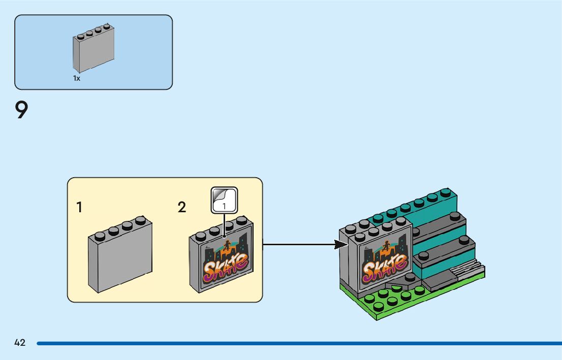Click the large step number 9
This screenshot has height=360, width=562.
point(21,110)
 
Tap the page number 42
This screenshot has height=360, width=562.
point(20,343)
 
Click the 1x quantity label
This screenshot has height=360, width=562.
point(77,79)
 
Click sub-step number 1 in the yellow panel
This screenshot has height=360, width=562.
point(79,207)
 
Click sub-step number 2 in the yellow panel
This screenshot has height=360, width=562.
point(182,207)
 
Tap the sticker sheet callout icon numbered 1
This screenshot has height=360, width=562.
point(224,200)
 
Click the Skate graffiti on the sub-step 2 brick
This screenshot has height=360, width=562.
point(226,266)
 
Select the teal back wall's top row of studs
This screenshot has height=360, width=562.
point(417,203)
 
